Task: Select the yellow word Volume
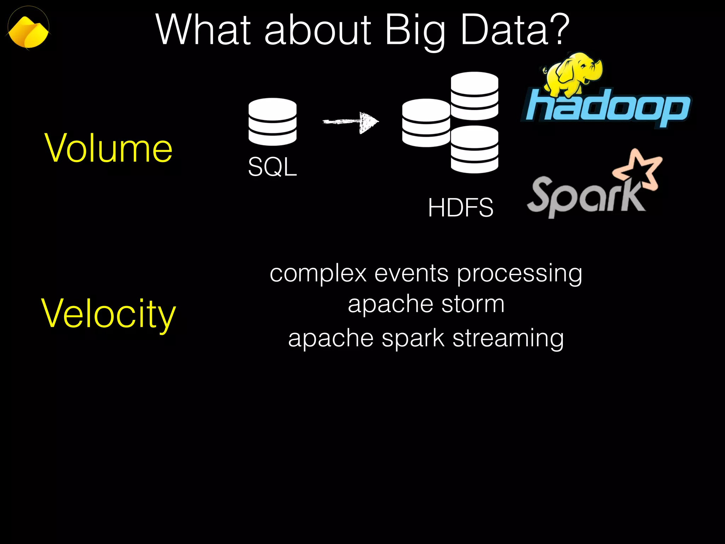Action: point(108,149)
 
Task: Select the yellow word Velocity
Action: point(108,313)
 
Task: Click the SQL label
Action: point(272,167)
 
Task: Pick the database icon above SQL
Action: point(272,121)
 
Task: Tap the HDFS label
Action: point(460,208)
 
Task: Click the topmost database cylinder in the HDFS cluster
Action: point(474,96)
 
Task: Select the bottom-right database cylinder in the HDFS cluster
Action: point(474,149)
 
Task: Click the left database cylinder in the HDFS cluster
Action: point(426,123)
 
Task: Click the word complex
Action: point(318,273)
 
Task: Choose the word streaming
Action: point(508,338)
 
